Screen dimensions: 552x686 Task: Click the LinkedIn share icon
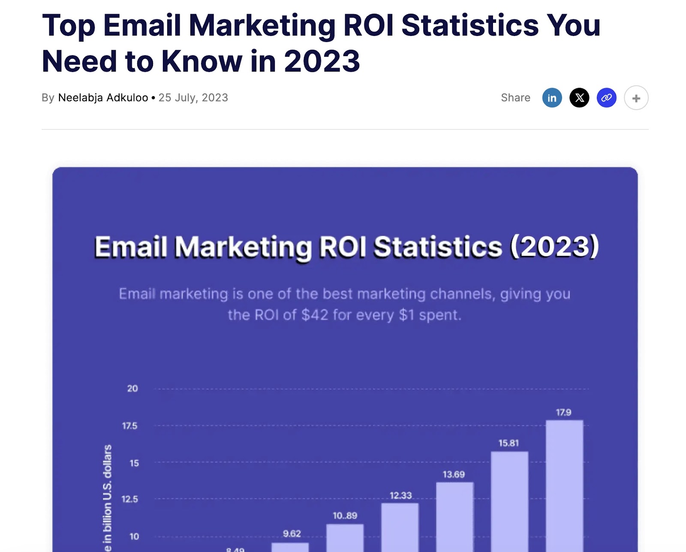(552, 98)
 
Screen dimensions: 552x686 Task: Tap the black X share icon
(579, 98)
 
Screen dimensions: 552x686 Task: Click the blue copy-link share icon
(606, 98)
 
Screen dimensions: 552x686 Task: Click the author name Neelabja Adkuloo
(103, 98)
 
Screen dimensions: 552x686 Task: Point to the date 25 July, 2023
(193, 98)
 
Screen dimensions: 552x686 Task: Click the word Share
(515, 98)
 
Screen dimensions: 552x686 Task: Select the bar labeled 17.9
(564, 484)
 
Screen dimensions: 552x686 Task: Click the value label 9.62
(292, 534)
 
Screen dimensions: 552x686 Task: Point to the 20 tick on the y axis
(132, 389)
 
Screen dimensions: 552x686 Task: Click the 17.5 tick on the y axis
(129, 426)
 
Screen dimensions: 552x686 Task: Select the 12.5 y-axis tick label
(129, 499)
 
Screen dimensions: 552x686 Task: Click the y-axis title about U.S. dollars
(107, 497)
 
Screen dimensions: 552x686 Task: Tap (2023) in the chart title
(554, 247)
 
